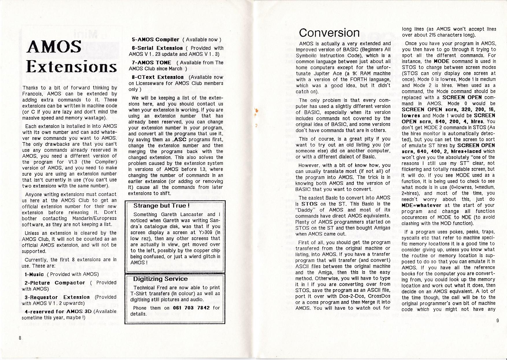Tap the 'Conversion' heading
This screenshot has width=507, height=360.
coord(330,33)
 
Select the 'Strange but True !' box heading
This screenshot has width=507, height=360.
coord(161,206)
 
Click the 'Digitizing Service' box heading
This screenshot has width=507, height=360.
coord(160,279)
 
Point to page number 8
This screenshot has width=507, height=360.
coord(20,338)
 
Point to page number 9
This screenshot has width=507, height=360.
coord(497,320)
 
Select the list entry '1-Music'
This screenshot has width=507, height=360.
coord(34,274)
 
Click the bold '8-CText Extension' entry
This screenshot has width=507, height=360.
coord(158,77)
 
